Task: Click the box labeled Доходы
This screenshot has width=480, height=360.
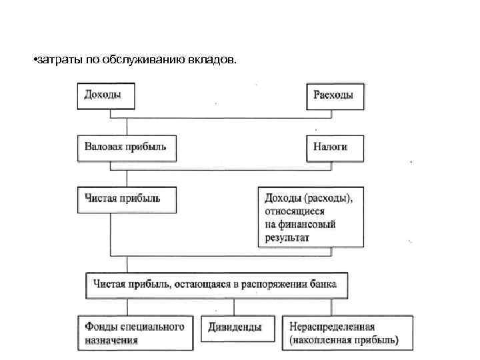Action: [107, 95]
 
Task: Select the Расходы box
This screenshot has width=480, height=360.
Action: [335, 95]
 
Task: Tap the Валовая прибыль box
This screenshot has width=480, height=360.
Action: [127, 147]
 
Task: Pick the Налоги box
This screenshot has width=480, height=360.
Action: [335, 147]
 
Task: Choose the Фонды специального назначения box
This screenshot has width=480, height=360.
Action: [135, 333]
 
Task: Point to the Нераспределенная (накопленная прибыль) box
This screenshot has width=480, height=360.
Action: [347, 333]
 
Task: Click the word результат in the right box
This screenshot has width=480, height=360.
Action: [287, 237]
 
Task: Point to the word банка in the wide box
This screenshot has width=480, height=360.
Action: [323, 284]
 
